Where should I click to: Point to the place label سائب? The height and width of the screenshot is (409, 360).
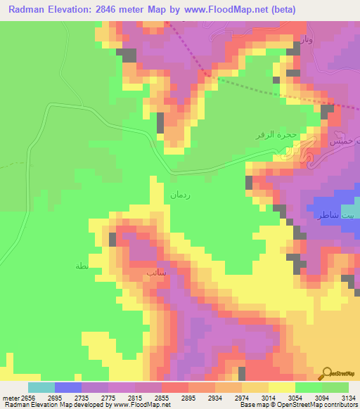click(x=155, y=271)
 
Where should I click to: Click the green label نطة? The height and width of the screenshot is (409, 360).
click(x=82, y=266)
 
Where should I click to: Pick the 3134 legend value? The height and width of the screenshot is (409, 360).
click(x=349, y=398)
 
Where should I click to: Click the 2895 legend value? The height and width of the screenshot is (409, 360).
click(x=188, y=398)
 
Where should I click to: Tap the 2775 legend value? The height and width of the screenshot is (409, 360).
click(x=108, y=398)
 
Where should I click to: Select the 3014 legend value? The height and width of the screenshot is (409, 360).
click(x=268, y=398)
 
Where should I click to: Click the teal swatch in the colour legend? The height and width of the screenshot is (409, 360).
click(x=41, y=387)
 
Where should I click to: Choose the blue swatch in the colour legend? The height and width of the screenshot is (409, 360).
click(x=67, y=387)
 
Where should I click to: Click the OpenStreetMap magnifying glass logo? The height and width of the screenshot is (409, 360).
click(x=327, y=372)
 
